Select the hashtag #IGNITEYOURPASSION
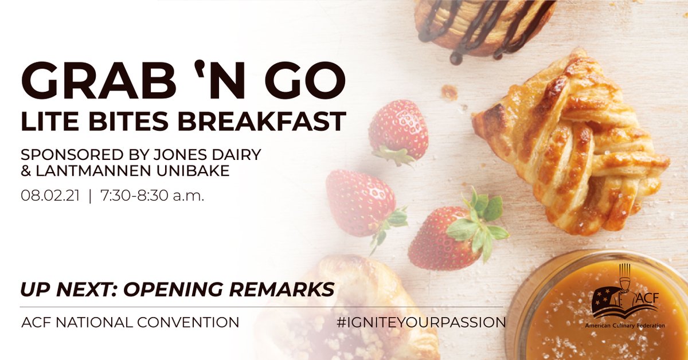pos(421,322)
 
